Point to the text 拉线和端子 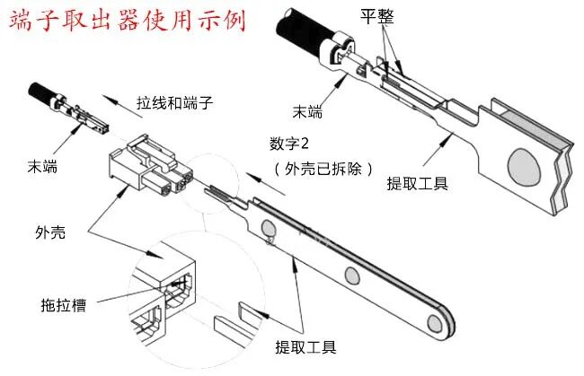point(173,101)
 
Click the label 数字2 point(289,144)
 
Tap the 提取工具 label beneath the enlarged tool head point(417,185)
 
